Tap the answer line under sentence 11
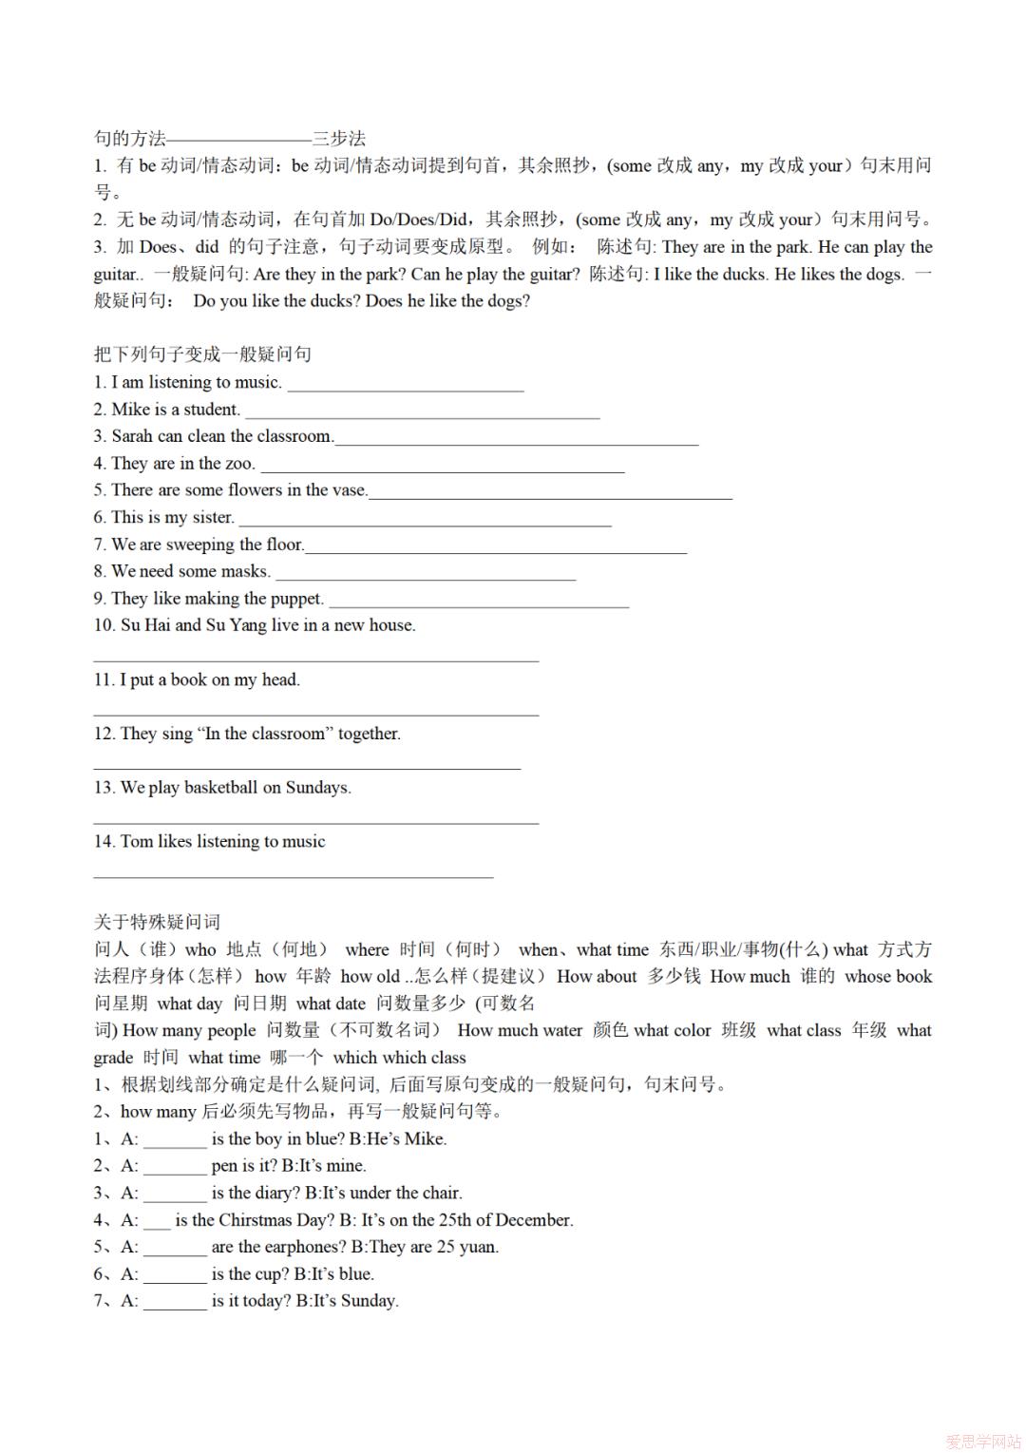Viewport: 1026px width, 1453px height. [x=315, y=712]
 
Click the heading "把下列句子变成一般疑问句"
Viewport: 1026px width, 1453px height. [x=202, y=354]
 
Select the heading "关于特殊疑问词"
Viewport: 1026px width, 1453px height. [x=157, y=922]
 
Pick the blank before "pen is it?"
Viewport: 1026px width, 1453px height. [x=175, y=1167]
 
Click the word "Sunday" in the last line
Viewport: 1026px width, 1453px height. [x=369, y=1301]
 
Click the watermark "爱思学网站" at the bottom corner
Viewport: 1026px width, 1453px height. [x=982, y=1441]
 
